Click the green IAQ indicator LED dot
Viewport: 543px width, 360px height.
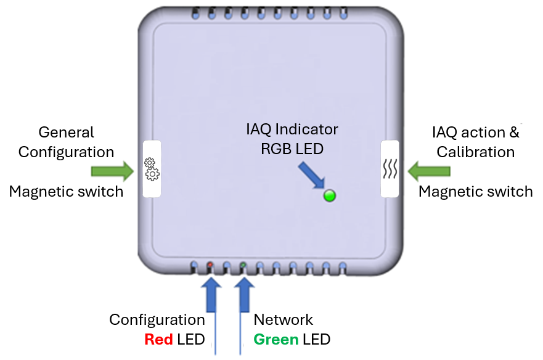(x=330, y=196)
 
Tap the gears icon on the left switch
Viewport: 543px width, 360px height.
(x=152, y=169)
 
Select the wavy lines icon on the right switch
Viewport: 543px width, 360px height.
(x=390, y=169)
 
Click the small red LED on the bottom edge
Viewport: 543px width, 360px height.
(x=211, y=264)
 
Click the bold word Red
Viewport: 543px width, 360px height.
(x=158, y=339)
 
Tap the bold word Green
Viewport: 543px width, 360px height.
(x=276, y=339)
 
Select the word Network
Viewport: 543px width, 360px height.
(x=284, y=319)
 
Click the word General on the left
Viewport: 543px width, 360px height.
(x=67, y=132)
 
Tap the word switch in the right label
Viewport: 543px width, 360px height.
(x=509, y=191)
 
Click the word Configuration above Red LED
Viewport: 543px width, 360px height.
(x=157, y=319)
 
